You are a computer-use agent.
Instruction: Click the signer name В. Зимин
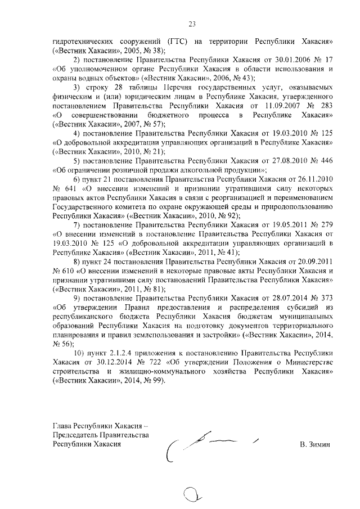pos(316,445)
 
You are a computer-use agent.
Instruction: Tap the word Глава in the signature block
pos(63,426)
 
